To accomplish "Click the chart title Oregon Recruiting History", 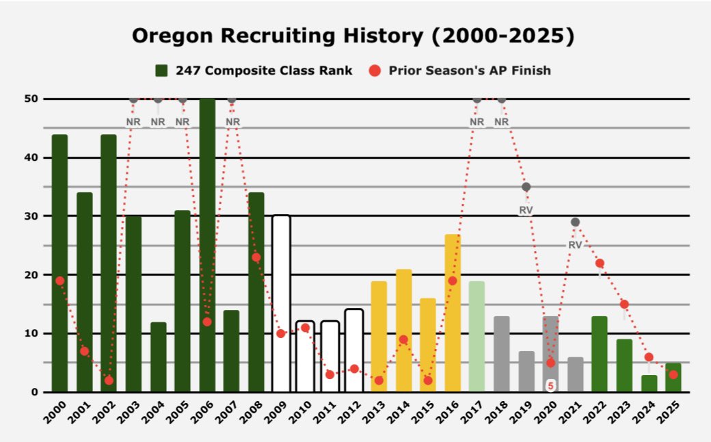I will (x=353, y=36).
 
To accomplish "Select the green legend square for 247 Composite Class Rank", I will (x=162, y=70).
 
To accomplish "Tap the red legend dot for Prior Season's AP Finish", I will (x=375, y=70).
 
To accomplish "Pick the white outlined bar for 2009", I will (x=281, y=304).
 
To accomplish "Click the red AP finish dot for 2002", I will (x=109, y=380).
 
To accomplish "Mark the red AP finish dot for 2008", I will (x=256, y=257).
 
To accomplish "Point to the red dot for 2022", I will (x=600, y=263).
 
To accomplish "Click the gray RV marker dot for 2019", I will (x=526, y=187).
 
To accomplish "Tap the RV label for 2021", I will (x=575, y=244).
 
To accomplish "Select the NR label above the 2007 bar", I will (x=232, y=122).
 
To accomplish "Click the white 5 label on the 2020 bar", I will (x=550, y=386).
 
